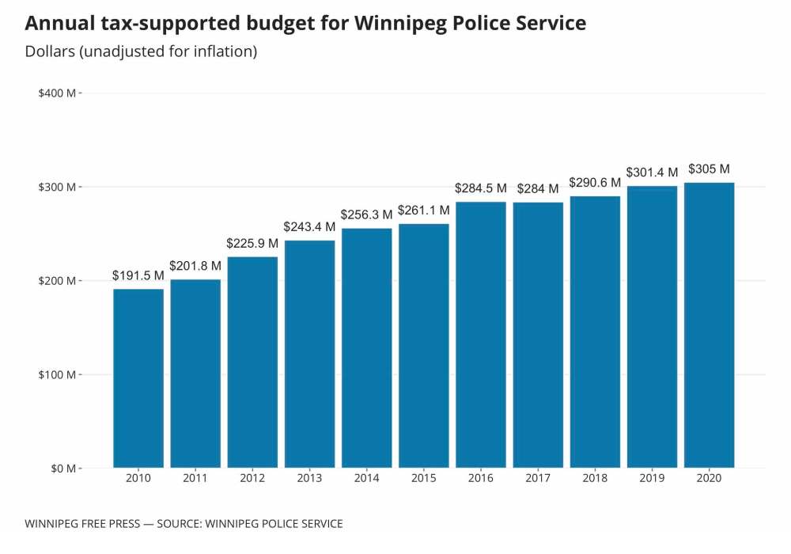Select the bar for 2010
[138, 378]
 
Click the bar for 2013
[310, 354]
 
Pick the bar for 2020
[709, 325]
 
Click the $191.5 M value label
[138, 275]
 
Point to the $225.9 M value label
[252, 243]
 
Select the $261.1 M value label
[424, 210]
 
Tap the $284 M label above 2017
[538, 189]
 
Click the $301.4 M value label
[652, 173]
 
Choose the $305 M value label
[709, 169]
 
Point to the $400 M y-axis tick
[57, 93]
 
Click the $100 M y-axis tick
[57, 374]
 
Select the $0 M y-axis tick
[60, 469]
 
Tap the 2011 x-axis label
[195, 478]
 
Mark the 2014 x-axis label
[367, 478]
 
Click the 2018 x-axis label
[595, 478]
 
